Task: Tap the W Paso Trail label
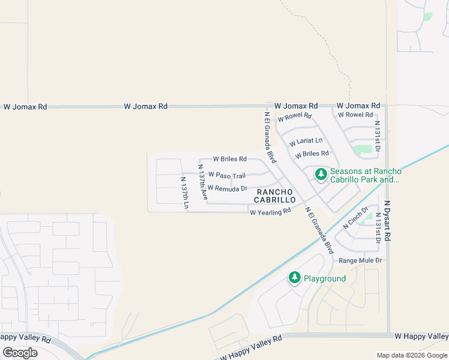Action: pos(227,175)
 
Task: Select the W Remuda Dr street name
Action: pos(228,188)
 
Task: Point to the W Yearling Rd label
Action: pos(270,211)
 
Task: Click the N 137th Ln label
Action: pos(185,193)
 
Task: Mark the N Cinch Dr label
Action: pos(354,219)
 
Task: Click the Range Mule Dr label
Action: pos(360,260)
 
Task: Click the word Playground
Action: pos(325,278)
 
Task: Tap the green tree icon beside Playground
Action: pos(294,277)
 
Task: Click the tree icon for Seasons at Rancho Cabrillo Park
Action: pos(321,175)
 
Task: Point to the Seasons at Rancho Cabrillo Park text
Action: pos(366,175)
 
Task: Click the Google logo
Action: pos(20,353)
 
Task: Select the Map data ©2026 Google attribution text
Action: pos(412,355)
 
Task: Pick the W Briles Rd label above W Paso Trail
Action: pos(230,159)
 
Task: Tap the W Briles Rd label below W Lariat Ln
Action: pos(312,154)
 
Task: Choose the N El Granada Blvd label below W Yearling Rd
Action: pos(319,230)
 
